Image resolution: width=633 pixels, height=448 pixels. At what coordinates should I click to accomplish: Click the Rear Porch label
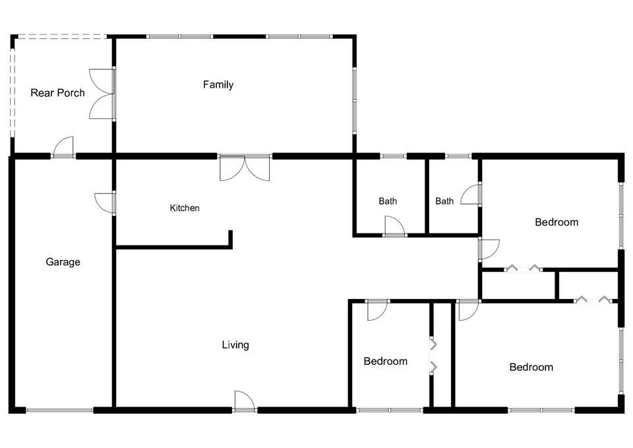(x=58, y=93)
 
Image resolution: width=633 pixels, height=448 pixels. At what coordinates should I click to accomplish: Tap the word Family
(x=218, y=84)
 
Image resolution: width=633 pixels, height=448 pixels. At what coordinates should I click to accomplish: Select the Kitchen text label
(x=185, y=208)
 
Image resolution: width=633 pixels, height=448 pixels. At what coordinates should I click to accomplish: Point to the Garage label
(x=63, y=262)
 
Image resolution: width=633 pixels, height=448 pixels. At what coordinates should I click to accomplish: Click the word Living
(x=235, y=344)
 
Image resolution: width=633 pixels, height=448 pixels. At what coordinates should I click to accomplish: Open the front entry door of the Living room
(x=244, y=400)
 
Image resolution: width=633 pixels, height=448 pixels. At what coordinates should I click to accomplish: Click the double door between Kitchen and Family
(x=245, y=167)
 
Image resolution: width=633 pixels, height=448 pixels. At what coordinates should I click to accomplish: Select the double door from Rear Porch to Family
(x=102, y=94)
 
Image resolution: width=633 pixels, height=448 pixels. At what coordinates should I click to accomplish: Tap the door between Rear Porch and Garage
(x=63, y=148)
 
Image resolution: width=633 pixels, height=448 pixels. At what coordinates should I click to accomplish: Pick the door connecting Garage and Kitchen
(x=105, y=203)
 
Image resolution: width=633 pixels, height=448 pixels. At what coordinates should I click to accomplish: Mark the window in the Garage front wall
(x=59, y=410)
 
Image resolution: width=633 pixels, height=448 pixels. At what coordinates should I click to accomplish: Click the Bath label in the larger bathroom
(x=388, y=201)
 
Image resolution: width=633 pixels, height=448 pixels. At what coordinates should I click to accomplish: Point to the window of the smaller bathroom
(x=458, y=156)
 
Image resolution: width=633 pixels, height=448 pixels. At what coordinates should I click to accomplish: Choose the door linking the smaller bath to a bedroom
(x=471, y=195)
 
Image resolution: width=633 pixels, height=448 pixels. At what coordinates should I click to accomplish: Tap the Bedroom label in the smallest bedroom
(x=386, y=361)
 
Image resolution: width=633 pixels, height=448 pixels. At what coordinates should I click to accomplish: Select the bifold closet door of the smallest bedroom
(x=433, y=356)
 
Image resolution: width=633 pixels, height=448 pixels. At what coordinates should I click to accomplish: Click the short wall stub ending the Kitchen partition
(x=231, y=239)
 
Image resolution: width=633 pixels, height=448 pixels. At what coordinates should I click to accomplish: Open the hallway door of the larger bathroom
(x=394, y=226)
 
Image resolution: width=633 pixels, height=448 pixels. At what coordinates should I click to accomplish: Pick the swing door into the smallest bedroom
(x=377, y=310)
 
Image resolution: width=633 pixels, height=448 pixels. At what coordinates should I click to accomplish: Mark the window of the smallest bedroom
(x=390, y=410)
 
